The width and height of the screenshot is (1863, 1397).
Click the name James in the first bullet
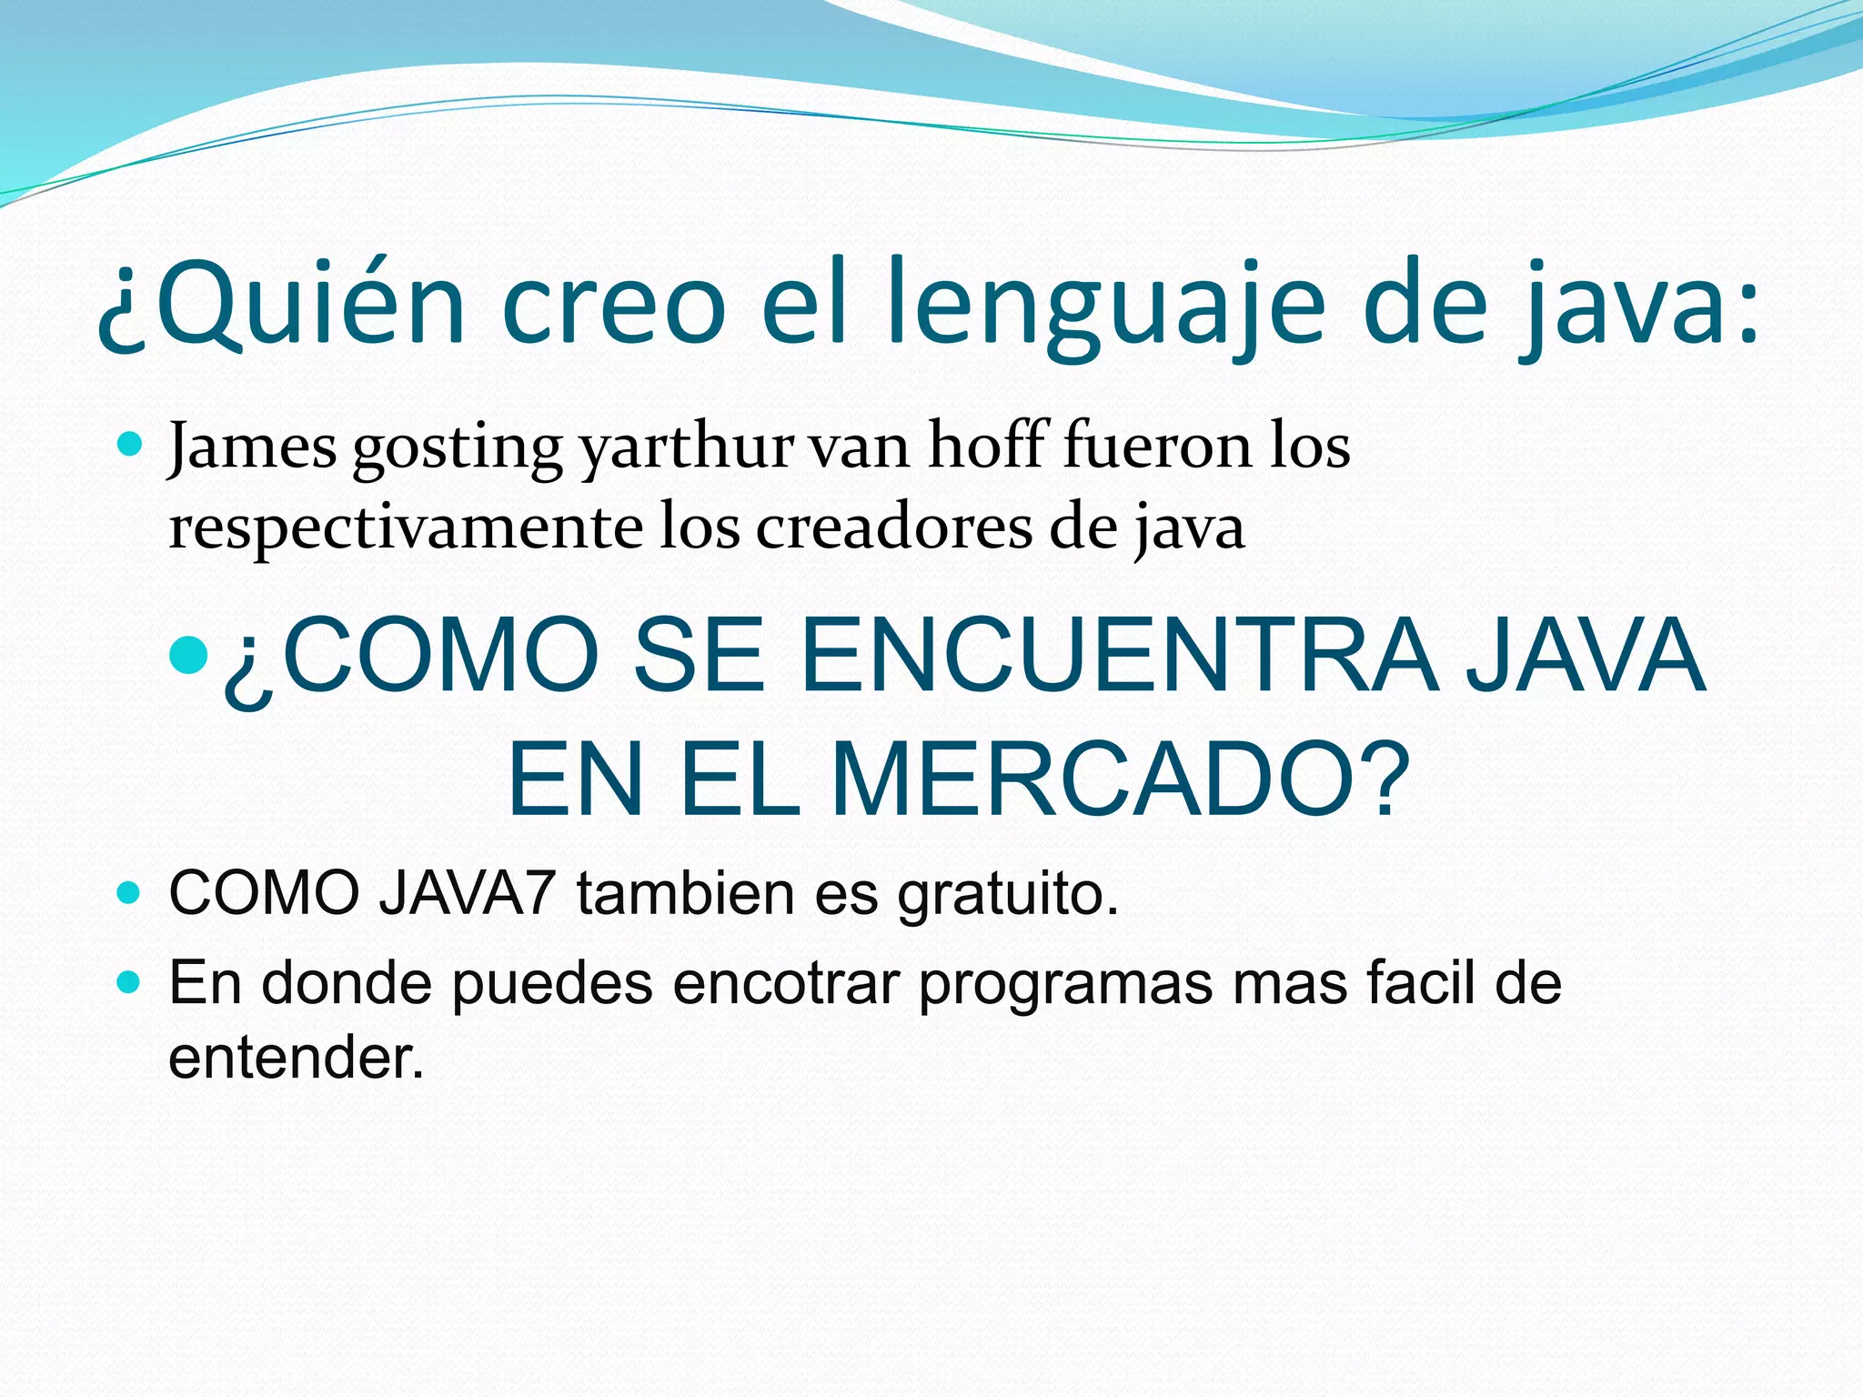tap(253, 447)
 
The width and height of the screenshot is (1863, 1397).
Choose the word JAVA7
tap(467, 893)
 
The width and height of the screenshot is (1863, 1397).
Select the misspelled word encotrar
tap(786, 983)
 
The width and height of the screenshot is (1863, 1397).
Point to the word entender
tap(297, 1058)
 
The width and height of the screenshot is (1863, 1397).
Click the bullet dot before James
tap(130, 445)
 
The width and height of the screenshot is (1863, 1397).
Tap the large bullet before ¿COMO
tap(189, 654)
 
